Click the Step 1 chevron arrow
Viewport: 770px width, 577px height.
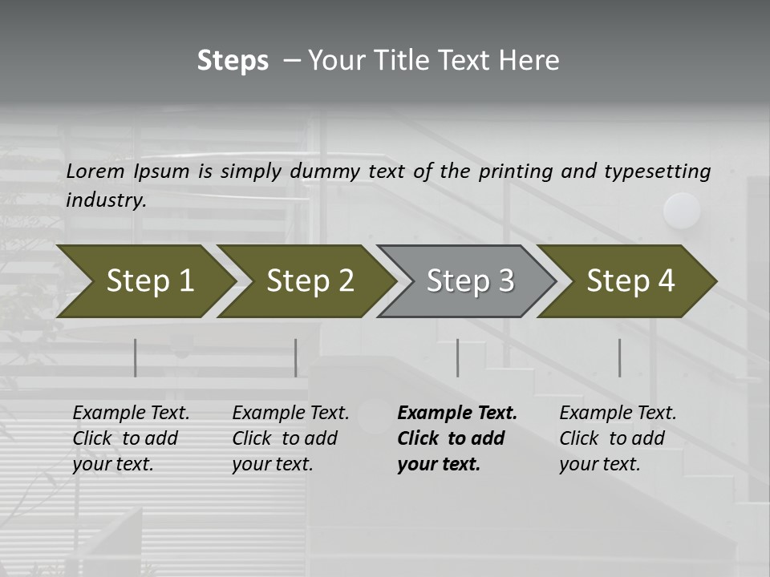coord(144,281)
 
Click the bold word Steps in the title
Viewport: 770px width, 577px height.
coord(233,61)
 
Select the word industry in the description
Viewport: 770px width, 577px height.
coord(105,200)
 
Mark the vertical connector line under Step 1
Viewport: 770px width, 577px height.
coord(135,357)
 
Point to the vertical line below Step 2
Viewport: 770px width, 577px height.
coord(295,357)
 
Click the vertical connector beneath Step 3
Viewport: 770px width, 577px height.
coord(457,357)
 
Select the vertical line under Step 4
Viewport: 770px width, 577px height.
coord(619,357)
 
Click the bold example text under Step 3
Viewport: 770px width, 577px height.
coord(456,438)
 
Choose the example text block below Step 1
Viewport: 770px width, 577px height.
coord(131,438)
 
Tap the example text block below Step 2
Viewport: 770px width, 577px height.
coord(290,438)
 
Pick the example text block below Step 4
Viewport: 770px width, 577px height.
coord(618,438)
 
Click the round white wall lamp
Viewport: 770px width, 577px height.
coord(682,211)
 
